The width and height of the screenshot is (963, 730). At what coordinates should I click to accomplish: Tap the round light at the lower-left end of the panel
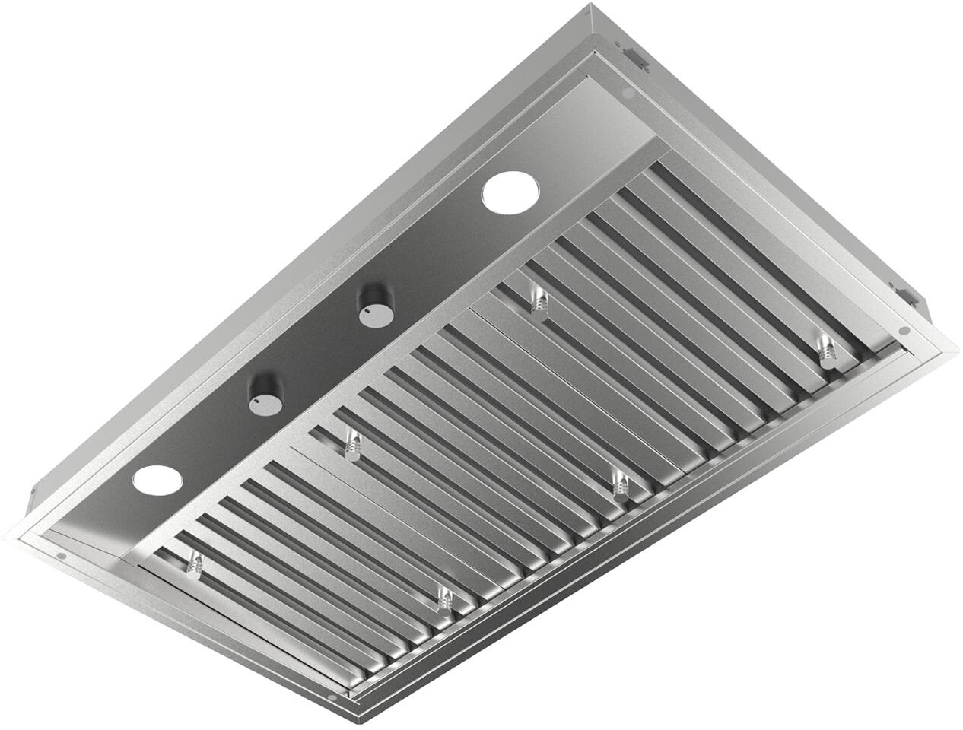157,480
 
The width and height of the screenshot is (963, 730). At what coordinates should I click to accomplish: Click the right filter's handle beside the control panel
538,301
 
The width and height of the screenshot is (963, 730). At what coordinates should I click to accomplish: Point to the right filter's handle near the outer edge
826,350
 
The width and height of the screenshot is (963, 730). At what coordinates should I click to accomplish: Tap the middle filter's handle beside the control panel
351,444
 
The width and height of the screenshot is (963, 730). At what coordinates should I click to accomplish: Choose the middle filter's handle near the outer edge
621,484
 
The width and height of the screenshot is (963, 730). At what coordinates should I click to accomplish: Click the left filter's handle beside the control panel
195,563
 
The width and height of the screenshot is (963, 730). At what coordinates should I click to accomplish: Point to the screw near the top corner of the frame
628,93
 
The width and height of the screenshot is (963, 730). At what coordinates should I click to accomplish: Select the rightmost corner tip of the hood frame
957,348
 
